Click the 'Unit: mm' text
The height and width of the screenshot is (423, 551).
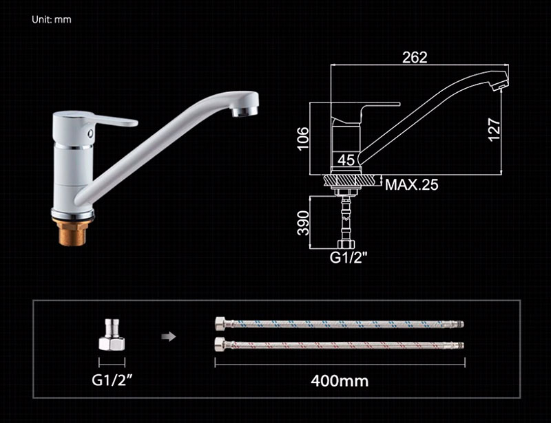pos(51,19)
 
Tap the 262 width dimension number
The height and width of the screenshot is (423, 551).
pos(415,57)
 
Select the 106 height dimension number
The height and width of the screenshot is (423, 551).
pos(303,139)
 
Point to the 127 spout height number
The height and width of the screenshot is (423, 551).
pos(495,130)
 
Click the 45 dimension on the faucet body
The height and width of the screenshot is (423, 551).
pos(346,160)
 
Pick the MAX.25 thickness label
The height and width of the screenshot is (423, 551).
pos(411,184)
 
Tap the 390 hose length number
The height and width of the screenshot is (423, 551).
pos(303,223)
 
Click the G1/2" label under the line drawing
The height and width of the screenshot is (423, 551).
pos(348,258)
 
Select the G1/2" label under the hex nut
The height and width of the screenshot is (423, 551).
pos(112,380)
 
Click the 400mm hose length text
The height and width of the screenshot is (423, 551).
pos(340,381)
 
